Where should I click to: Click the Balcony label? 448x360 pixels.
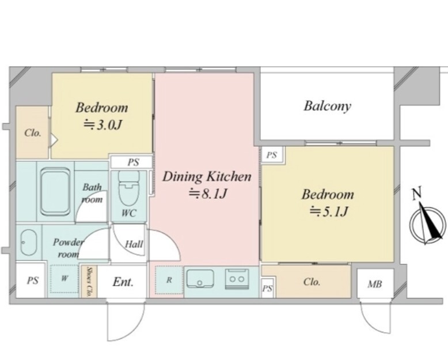coord(328,107)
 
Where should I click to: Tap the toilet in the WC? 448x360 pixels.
coord(129,188)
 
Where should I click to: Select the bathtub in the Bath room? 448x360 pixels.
coord(55,191)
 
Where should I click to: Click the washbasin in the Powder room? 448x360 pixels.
coord(29,242)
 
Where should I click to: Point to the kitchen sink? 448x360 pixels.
coord(200,279)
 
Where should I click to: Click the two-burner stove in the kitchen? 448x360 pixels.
coord(237,279)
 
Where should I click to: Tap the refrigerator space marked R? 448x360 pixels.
coord(169,280)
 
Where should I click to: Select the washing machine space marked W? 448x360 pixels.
coord(64,279)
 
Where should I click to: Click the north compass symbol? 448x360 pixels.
coord(427,221)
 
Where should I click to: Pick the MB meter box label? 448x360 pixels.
coord(374,284)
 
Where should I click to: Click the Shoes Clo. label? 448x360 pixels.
coord(89,282)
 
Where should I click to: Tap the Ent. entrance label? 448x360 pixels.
coord(123,282)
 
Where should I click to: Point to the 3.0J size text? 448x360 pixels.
coord(103,125)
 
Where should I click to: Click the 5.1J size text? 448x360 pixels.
coord(329,212)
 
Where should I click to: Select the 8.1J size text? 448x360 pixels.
coord(208,194)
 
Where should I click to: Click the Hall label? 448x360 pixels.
coord(134,244)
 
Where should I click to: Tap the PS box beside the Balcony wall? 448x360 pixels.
coord(272,155)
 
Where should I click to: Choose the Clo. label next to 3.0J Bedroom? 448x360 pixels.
coord(33,133)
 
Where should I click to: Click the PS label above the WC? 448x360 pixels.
coord(133,162)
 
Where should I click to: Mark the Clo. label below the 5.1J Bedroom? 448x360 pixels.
coord(312,282)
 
